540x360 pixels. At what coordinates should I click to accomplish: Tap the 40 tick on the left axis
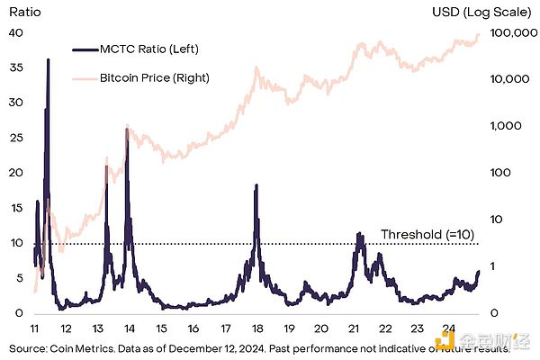14,32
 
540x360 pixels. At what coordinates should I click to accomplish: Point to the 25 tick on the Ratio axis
14,138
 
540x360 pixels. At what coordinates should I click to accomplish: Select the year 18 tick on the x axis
256,329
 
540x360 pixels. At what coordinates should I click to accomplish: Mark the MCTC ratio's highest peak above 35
48,60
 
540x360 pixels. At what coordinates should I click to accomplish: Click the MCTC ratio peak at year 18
256,186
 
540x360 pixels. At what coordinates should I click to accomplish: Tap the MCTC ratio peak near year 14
127,131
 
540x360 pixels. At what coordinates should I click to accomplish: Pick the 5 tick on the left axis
18,278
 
